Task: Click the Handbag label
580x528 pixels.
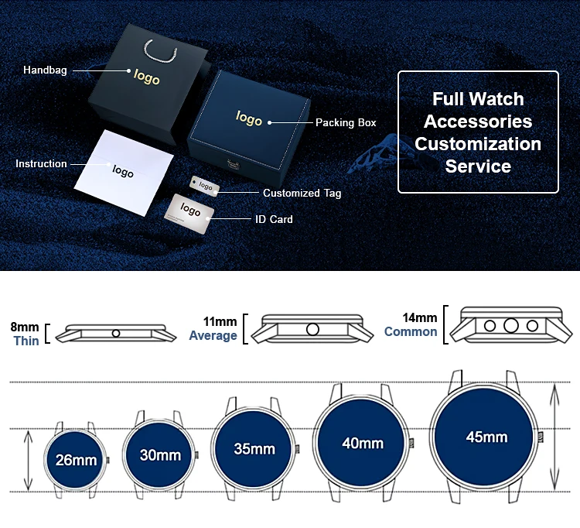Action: coord(45,70)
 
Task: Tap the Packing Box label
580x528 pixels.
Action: coord(346,123)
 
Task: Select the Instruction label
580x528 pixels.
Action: coord(41,164)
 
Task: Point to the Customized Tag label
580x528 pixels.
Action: coord(302,194)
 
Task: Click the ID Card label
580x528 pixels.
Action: coord(274,220)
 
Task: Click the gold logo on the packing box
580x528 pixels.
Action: coord(249,118)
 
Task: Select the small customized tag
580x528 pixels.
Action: coord(206,186)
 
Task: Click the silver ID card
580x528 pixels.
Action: coord(190,211)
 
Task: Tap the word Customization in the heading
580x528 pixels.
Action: coord(477,144)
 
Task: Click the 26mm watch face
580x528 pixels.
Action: coord(76,460)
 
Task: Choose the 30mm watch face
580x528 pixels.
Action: coord(160,455)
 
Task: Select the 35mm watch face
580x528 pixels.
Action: coord(254,449)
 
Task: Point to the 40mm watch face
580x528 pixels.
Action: coord(363,444)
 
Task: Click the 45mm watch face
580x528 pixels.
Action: coord(486,437)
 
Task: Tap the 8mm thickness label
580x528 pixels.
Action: coord(26,327)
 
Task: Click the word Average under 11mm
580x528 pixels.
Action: coord(213,336)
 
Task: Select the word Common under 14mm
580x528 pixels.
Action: coord(411,332)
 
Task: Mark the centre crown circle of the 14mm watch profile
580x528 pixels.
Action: coord(510,326)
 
